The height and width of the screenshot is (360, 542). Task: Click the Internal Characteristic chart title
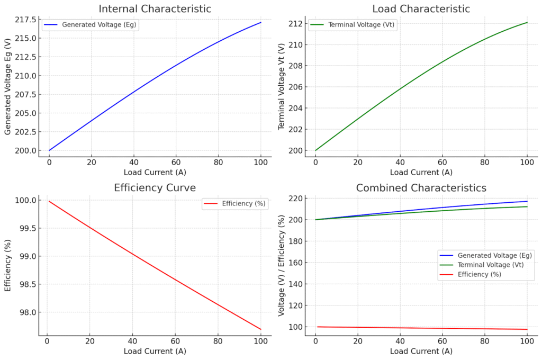point(155,8)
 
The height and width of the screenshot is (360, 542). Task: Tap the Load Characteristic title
point(421,8)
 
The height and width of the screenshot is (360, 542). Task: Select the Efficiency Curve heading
point(155,188)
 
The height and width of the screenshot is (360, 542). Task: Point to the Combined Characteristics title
point(421,188)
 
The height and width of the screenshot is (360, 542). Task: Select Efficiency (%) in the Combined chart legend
point(479,274)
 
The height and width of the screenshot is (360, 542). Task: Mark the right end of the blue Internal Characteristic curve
point(261,22)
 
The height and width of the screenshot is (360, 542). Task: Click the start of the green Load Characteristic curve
point(315,150)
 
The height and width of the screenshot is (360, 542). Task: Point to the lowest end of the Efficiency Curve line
point(261,329)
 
